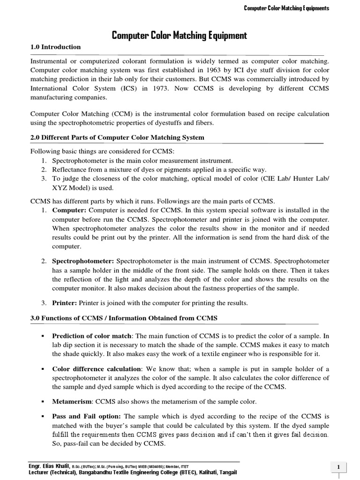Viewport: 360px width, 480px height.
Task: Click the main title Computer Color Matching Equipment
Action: click(180, 35)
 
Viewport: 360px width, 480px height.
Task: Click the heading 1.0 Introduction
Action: click(55, 47)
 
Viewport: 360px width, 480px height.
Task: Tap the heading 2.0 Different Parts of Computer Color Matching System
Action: click(117, 137)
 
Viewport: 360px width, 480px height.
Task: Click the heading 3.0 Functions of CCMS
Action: click(124, 318)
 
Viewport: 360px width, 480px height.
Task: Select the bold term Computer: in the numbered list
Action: click(69, 210)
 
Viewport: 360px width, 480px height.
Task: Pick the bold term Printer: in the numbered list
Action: click(65, 303)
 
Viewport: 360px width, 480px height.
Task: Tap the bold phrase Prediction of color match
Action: click(92, 336)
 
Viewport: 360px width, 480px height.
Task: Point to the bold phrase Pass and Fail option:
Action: click(86, 416)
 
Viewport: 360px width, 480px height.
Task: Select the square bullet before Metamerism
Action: click(42, 402)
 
